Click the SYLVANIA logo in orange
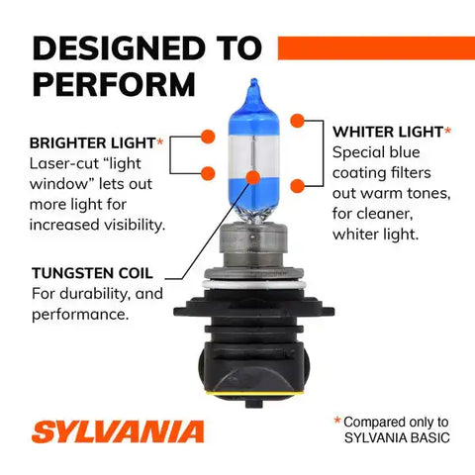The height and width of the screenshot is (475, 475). pos(118,431)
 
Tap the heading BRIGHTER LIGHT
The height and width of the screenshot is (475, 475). pos(92,143)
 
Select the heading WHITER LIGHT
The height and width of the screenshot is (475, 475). pos(388,132)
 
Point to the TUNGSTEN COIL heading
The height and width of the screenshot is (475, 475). pos(92,273)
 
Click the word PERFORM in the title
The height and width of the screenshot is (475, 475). pos(114,84)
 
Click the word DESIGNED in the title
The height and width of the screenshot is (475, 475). pos(119,48)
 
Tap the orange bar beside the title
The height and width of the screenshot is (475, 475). pos(376,48)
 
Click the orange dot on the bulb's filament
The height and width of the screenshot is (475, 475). pos(253,177)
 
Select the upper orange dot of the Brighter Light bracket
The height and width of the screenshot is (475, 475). pos(208,137)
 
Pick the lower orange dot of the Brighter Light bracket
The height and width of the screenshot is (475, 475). pos(208,173)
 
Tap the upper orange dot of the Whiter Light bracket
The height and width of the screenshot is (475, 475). pos(298,121)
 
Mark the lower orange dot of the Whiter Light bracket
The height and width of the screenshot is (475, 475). pos(298,186)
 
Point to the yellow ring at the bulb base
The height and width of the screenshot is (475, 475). pos(252,394)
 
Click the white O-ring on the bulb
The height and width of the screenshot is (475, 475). pos(253,284)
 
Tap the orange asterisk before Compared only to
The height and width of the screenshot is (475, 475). pos(337,420)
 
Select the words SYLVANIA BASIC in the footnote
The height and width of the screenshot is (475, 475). pos(397,437)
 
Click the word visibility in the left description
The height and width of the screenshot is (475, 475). pos(135,225)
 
